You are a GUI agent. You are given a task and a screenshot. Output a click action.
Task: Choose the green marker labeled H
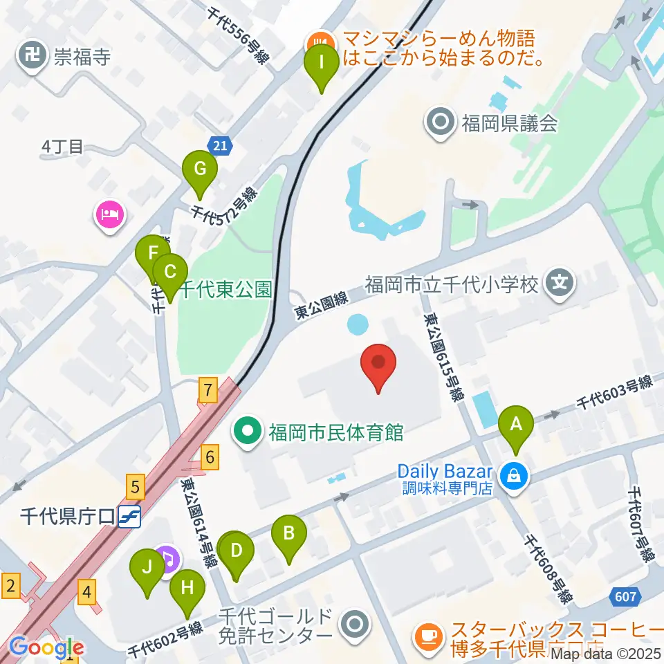(x=187, y=590)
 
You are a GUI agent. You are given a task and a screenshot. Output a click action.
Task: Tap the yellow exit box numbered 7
(x=207, y=390)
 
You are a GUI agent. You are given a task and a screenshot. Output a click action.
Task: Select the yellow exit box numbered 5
(x=135, y=488)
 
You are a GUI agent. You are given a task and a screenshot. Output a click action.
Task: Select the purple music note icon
(x=166, y=558)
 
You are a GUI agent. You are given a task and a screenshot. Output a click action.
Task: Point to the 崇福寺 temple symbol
(x=32, y=55)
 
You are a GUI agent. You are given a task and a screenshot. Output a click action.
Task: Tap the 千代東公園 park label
(x=225, y=289)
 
